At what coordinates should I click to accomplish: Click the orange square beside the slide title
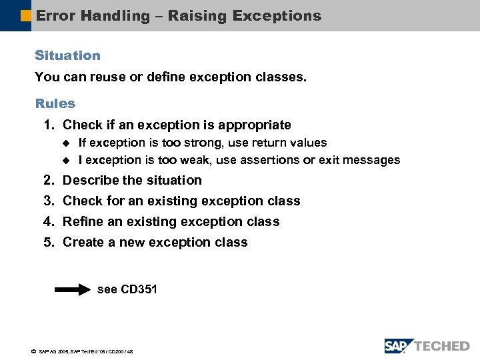[x=26, y=16]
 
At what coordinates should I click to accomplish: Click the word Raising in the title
[x=196, y=16]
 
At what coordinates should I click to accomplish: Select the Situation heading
[x=67, y=55]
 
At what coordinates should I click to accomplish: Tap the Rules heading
[x=55, y=103]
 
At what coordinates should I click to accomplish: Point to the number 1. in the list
[x=49, y=125]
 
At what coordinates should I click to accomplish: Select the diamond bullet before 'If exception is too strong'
[x=65, y=143]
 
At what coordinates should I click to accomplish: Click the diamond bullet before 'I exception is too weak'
[x=65, y=160]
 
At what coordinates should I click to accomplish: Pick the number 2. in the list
[x=49, y=180]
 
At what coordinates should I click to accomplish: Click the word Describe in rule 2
[x=90, y=180]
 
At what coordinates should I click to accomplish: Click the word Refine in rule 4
[x=82, y=221]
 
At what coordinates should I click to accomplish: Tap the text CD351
[x=139, y=289]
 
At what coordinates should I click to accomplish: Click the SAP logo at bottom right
[x=398, y=345]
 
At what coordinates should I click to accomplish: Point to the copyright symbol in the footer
[x=33, y=351]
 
